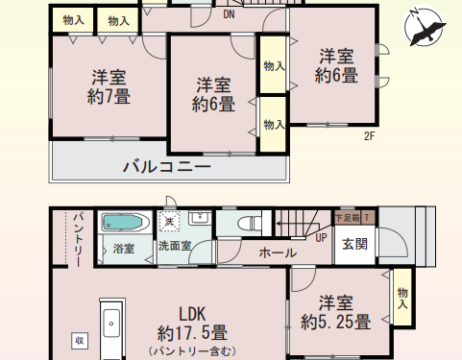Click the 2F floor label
pos(369,136)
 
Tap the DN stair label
pos(229,14)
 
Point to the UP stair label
pos(321,238)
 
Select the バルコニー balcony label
pos(166,167)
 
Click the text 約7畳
pos(109,96)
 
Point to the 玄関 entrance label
pos(353,244)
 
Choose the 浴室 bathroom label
pos(124,248)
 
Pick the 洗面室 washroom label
pos(175,246)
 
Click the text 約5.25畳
pos(335,323)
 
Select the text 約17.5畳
pos(192,334)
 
